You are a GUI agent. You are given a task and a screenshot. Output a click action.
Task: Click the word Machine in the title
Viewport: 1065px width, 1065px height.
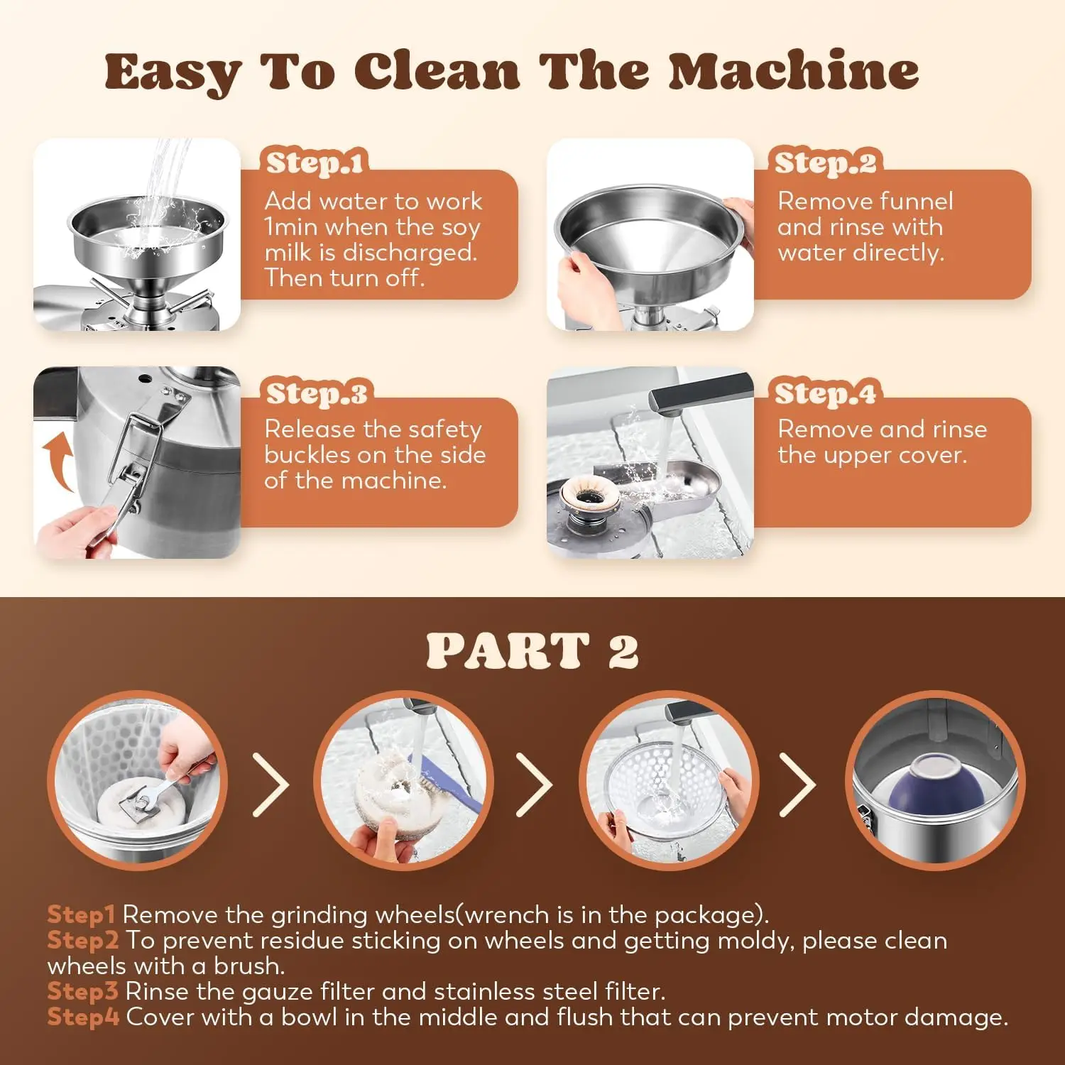click(x=793, y=72)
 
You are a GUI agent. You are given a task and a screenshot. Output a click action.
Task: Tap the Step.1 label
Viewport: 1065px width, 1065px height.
click(x=315, y=163)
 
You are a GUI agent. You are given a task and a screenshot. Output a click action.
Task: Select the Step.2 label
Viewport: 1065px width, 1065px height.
click(x=825, y=163)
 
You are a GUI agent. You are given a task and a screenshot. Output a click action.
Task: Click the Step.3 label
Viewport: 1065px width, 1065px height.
click(x=317, y=393)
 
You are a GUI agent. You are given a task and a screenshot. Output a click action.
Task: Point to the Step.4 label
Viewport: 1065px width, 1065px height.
click(x=825, y=393)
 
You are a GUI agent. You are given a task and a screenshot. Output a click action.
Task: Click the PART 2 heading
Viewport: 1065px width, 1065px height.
click(x=532, y=650)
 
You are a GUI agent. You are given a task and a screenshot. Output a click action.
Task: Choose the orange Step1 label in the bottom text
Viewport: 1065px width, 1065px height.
click(x=81, y=914)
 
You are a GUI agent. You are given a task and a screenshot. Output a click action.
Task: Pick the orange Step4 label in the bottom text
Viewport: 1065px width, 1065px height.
click(x=83, y=1017)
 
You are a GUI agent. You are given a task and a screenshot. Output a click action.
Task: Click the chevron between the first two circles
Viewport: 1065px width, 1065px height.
click(x=271, y=785)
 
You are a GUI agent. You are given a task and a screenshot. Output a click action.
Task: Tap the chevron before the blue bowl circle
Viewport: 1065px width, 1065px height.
click(x=798, y=785)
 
